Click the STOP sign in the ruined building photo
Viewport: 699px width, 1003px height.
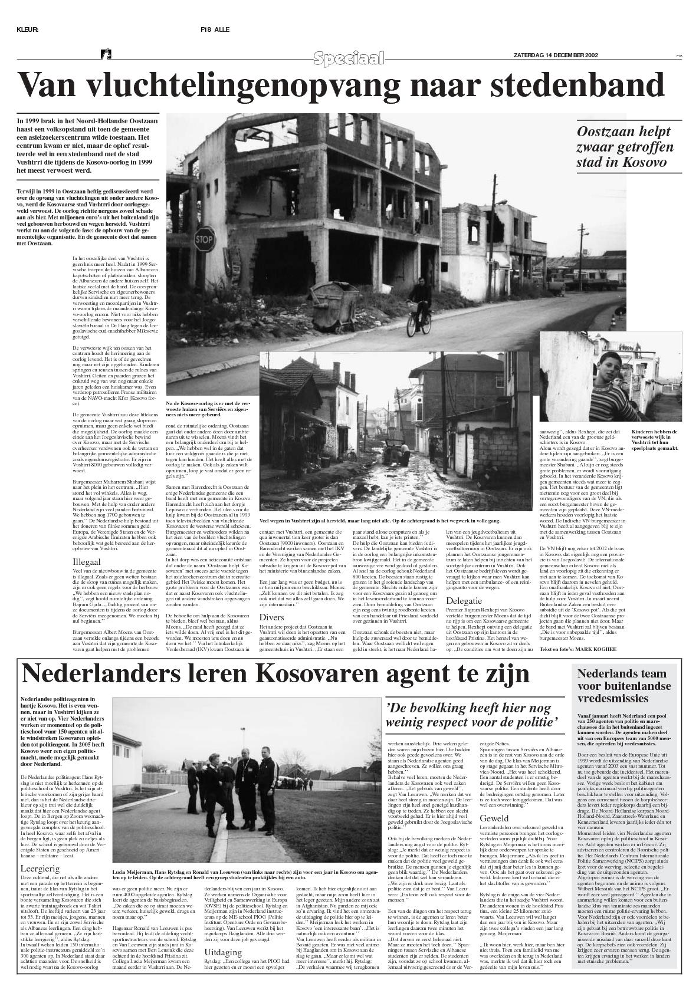[x=204, y=240]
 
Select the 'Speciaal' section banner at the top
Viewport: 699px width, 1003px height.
[x=349, y=58]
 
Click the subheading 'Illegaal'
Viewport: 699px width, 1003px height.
[x=87, y=562]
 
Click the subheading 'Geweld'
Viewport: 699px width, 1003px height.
[x=494, y=818]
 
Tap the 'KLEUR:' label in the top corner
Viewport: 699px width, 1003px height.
[x=28, y=29]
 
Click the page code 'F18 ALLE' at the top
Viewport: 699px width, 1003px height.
[x=215, y=29]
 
